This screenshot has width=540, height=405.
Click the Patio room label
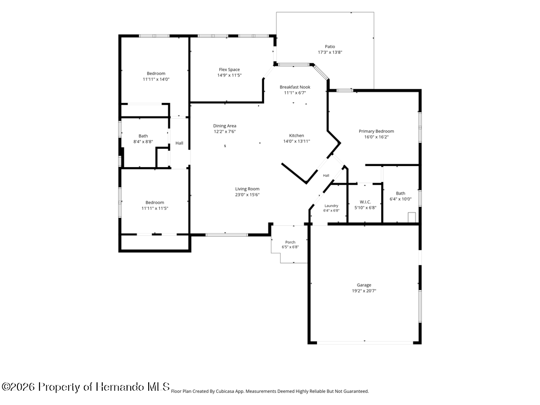click(330, 46)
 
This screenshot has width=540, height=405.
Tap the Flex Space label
click(229, 70)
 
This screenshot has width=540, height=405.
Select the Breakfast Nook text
click(295, 87)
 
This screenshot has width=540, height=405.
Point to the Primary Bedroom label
click(377, 131)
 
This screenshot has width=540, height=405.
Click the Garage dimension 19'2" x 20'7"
click(364, 291)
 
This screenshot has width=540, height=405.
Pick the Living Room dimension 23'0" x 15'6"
click(247, 195)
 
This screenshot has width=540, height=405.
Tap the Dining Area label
click(225, 126)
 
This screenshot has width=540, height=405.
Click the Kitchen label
click(296, 136)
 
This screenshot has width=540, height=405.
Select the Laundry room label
click(331, 206)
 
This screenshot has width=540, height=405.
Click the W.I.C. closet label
click(365, 202)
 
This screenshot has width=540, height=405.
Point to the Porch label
click(291, 242)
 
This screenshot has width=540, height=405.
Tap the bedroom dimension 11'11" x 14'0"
click(156, 79)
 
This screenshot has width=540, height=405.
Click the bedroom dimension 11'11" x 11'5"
click(155, 208)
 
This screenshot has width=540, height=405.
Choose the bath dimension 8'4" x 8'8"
click(143, 141)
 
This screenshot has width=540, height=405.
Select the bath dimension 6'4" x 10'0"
click(401, 199)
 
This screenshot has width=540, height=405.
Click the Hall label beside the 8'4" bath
click(179, 143)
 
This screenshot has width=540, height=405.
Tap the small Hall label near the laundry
click(326, 176)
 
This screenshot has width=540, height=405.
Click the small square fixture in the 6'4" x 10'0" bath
click(412, 217)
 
